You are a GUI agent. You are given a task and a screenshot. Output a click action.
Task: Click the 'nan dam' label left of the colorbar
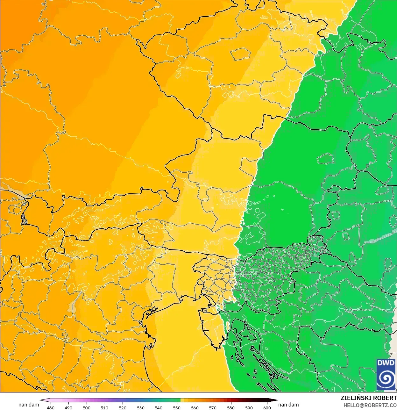click(29, 405)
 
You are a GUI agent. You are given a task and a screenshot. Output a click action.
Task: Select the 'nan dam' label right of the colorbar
click(288, 405)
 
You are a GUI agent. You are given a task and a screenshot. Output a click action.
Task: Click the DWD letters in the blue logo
click(386, 363)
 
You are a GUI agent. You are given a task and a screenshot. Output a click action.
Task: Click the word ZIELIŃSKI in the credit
click(354, 398)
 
